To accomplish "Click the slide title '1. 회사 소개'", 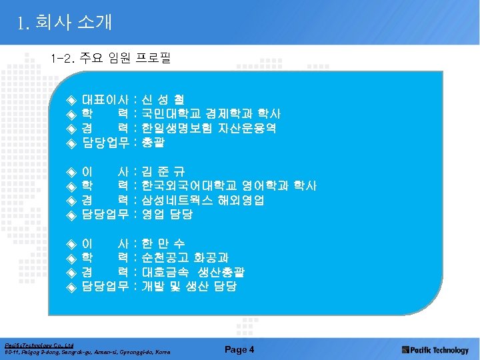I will pyautogui.click(x=65, y=23).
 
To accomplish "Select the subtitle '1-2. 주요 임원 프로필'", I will pyautogui.click(x=110, y=58).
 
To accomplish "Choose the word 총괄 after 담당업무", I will pyautogui.click(x=153, y=142).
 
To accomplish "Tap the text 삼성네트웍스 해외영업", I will pyautogui.click(x=203, y=200).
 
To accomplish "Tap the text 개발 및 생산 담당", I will pyautogui.click(x=189, y=286).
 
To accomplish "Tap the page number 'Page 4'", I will pyautogui.click(x=239, y=349).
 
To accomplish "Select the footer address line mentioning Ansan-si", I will pyautogui.click(x=88, y=352).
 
